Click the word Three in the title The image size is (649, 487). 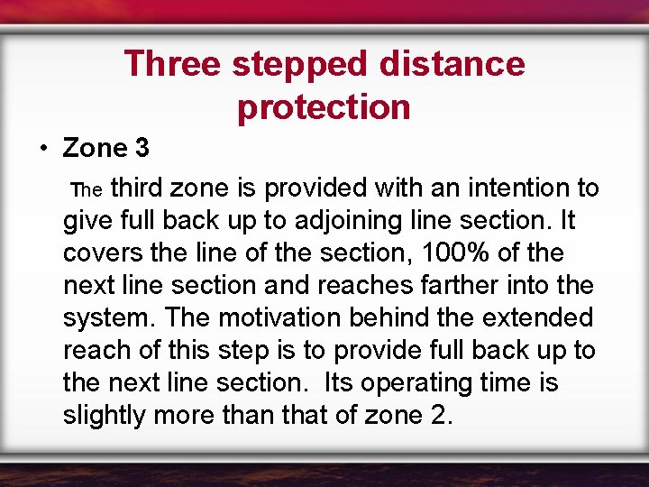172,64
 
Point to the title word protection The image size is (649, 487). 324,106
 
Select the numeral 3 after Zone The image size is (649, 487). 141,147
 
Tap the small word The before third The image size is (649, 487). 88,190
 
